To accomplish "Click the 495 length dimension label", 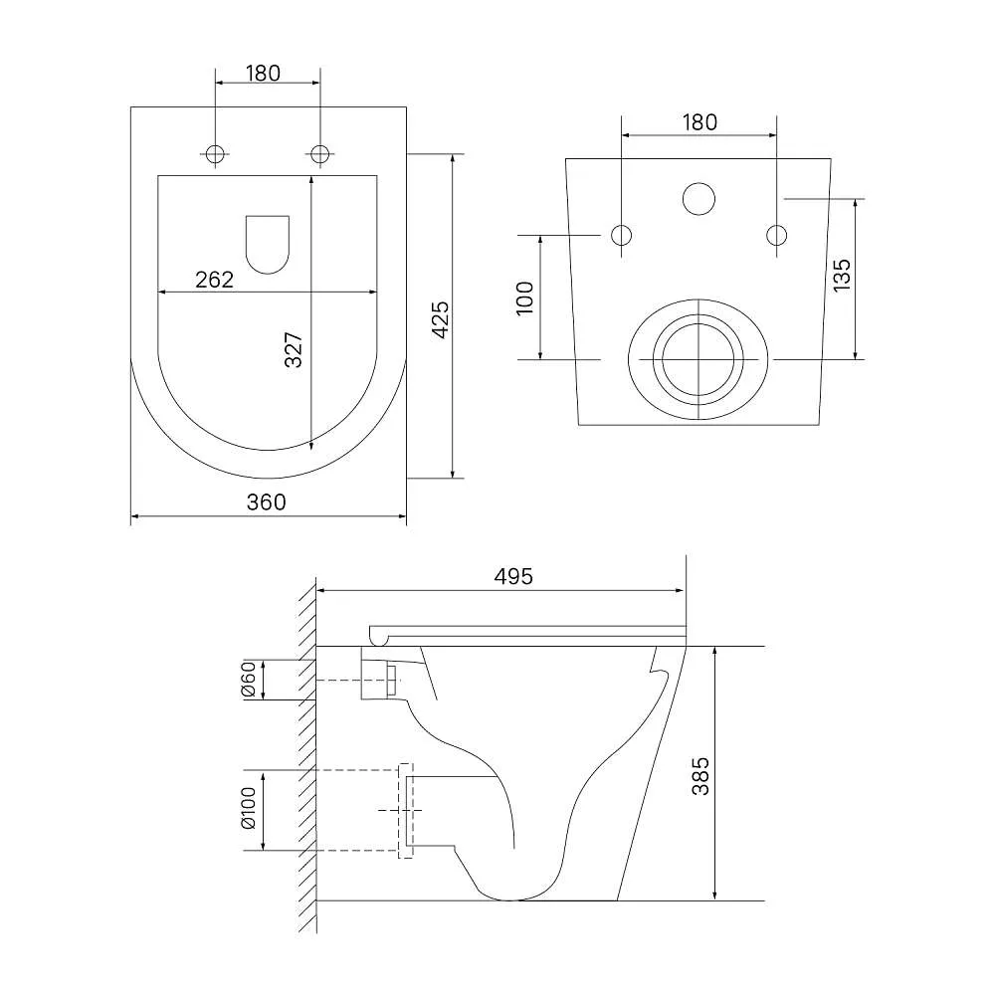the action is click(513, 576).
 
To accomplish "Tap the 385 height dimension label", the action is click(700, 775).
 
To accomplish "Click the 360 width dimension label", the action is click(267, 501).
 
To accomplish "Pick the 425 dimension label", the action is click(440, 319).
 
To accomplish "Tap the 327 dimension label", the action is click(294, 349).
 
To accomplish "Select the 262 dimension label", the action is click(215, 280).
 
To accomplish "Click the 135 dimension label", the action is click(842, 275).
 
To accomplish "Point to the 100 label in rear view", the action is click(525, 298).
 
